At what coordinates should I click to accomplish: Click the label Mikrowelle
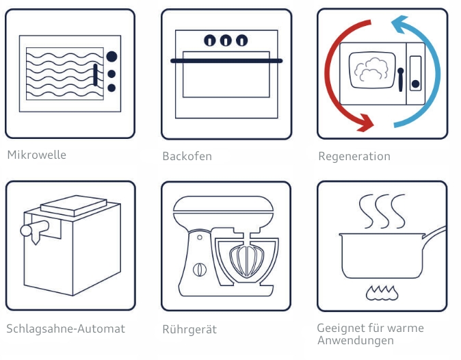[36, 155]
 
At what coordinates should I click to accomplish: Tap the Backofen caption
[187, 156]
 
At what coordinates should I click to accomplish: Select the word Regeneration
[354, 156]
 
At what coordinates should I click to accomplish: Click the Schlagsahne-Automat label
[66, 329]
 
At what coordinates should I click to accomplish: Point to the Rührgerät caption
[189, 329]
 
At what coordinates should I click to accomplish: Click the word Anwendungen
[355, 340]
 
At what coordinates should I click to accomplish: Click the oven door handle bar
[226, 61]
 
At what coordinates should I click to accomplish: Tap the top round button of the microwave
[111, 57]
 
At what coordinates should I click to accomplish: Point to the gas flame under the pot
[381, 292]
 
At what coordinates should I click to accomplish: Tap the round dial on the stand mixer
[200, 269]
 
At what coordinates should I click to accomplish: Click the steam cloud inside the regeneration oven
[371, 68]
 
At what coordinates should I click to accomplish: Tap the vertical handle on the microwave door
[95, 74]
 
